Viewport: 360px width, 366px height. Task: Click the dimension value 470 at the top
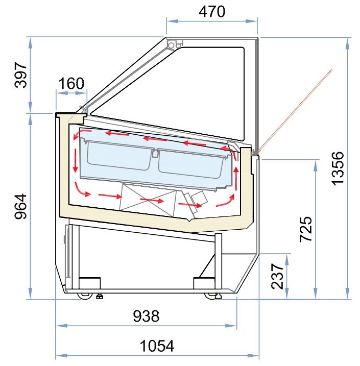point(212,12)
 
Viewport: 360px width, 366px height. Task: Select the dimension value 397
point(21,75)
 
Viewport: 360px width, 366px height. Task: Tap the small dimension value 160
point(71,83)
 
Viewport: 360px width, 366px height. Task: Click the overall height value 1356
point(338,168)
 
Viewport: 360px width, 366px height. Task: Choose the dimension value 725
point(306,229)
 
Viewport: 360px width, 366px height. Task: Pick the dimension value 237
point(277,276)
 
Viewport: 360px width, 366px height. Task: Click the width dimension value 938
point(147,316)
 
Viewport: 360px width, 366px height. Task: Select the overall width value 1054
point(157,346)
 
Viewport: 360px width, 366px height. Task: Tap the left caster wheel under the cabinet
point(85,296)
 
